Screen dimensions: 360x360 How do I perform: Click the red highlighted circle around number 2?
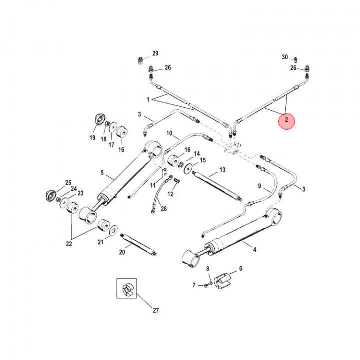(x=287, y=120)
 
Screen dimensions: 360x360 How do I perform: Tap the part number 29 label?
(x=155, y=54)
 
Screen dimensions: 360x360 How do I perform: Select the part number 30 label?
(x=285, y=57)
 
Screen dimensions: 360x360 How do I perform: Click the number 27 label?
(x=155, y=310)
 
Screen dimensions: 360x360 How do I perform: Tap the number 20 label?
(x=122, y=252)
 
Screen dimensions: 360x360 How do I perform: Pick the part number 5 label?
(x=102, y=173)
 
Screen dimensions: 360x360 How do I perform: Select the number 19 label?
(x=92, y=137)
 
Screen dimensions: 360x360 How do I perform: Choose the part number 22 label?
(x=69, y=244)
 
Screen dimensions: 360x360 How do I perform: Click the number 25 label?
(x=68, y=183)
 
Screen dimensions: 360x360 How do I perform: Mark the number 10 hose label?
(x=169, y=134)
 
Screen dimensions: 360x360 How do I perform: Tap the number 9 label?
(x=260, y=186)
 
